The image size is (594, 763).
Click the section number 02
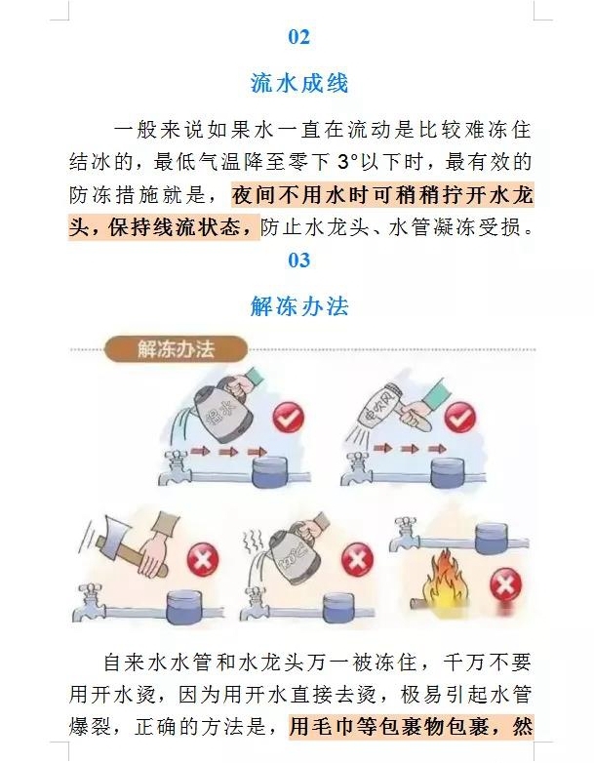[x=298, y=37]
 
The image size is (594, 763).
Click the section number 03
[x=298, y=260]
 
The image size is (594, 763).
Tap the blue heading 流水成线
[x=299, y=83]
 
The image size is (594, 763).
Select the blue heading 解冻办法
[x=299, y=306]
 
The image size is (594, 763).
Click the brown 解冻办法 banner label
[x=176, y=349]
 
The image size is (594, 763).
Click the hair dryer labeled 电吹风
[x=382, y=408]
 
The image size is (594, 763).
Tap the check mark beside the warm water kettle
[x=288, y=417]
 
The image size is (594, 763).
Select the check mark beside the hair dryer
[x=459, y=418]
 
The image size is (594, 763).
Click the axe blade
[x=114, y=537]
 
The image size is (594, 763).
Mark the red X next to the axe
[x=203, y=558]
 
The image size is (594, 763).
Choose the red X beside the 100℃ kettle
[x=357, y=558]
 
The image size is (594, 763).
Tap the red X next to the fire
[x=505, y=583]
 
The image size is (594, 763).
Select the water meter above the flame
[x=492, y=538]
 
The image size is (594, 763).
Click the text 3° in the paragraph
[x=347, y=162]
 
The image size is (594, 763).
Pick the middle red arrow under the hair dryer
[x=410, y=449]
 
